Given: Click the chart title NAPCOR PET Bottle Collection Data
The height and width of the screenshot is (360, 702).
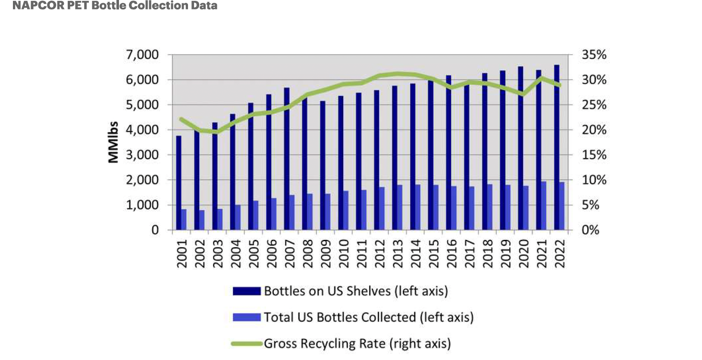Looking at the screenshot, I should [115, 6].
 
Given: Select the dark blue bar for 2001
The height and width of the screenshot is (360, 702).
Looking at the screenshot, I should [179, 183].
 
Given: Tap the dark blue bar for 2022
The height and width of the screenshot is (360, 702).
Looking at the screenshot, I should [557, 146].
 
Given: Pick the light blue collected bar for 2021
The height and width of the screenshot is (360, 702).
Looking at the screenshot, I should [544, 205].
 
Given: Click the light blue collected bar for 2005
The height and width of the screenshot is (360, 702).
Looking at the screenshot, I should [256, 215].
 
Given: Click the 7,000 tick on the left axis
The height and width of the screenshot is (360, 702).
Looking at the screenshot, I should [142, 55].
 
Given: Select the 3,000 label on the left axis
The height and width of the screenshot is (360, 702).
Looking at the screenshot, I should [142, 155].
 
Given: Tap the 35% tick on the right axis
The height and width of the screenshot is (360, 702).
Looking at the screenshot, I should [594, 55].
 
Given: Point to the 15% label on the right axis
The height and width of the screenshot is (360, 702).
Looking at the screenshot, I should [594, 155].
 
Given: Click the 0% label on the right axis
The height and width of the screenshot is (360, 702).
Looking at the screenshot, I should [590, 230].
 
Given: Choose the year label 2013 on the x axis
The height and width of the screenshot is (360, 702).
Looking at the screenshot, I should [397, 254].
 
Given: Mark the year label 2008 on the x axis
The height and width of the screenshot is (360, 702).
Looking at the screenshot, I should [307, 254].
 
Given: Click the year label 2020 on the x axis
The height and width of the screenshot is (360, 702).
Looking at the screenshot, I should [523, 254].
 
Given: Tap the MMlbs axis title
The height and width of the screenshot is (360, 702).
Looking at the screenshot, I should [113, 142].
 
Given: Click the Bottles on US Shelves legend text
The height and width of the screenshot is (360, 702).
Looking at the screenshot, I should [356, 291].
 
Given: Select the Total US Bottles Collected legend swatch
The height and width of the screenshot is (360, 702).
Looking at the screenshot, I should [246, 317].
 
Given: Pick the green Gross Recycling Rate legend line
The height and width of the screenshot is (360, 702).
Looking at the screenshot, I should [246, 344].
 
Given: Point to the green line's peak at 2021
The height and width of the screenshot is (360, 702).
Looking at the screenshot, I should [542, 78].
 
